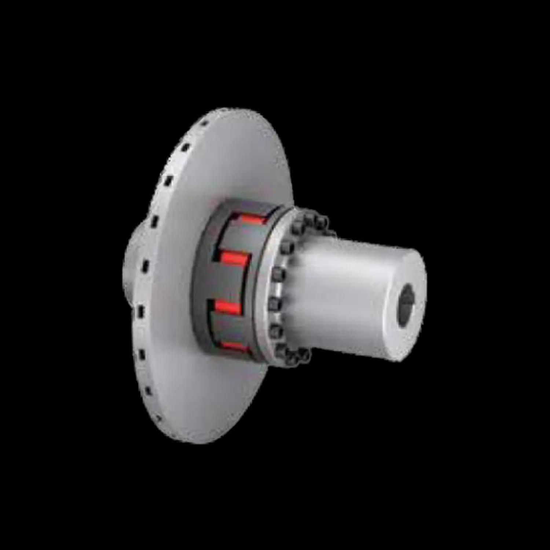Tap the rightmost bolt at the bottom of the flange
[x=304, y=355]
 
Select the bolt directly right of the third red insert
[x=273, y=304]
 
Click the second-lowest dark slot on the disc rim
[x=148, y=391]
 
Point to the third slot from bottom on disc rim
[x=142, y=355]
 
